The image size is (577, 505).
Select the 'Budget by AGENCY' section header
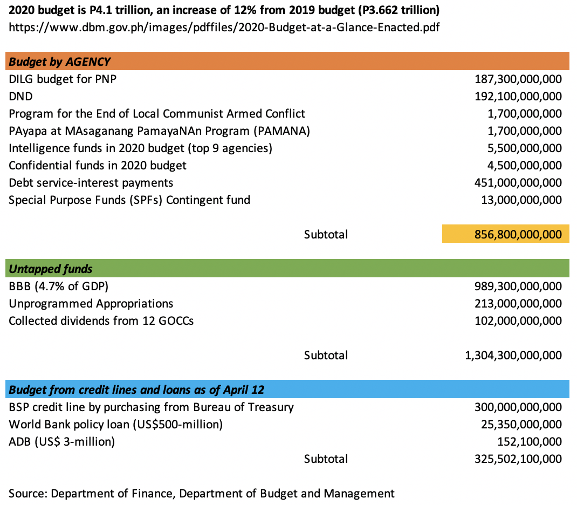pos(60,62)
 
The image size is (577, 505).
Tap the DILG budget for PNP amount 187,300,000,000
pos(518,79)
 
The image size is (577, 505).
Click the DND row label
pos(20,97)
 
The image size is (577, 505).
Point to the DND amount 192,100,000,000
pos(518,97)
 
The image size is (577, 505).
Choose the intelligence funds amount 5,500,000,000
pos(525,148)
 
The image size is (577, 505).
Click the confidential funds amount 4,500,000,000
pos(525,166)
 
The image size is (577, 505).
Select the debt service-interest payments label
pos(91,183)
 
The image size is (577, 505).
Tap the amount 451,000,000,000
pos(518,183)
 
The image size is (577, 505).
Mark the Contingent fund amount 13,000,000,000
pos(521,200)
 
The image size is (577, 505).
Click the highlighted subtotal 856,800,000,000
pos(518,235)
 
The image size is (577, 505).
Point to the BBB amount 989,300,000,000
pos(518,286)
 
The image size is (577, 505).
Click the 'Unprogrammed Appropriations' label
pos(91,304)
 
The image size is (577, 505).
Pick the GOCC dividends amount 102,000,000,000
pos(518,321)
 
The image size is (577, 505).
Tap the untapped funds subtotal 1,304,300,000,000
pos(513,356)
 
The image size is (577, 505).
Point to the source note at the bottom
pos(201,493)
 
